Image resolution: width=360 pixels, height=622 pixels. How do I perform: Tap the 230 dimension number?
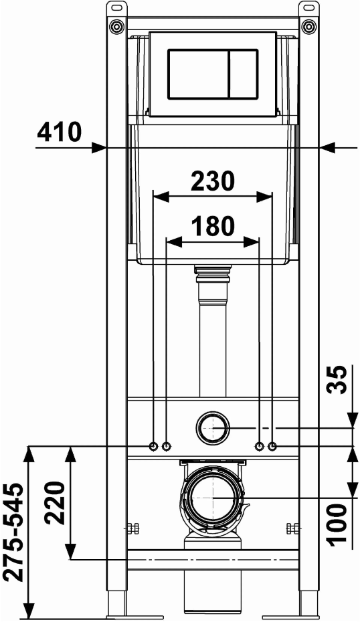[x=213, y=181]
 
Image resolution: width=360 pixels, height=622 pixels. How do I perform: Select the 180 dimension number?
[x=213, y=227]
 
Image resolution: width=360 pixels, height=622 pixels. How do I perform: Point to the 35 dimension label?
[x=337, y=379]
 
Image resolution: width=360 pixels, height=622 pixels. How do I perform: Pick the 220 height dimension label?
[x=54, y=502]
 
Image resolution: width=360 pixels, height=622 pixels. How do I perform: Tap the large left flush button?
[x=198, y=74]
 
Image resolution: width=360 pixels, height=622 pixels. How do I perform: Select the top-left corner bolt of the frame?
[x=117, y=26]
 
